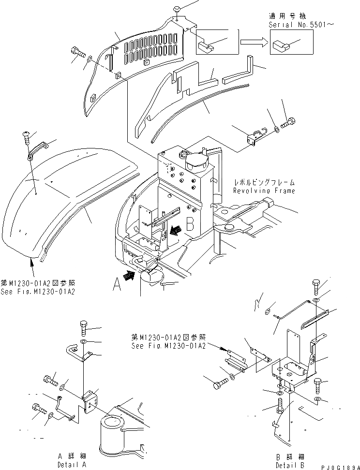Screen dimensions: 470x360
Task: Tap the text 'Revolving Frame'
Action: point(264,191)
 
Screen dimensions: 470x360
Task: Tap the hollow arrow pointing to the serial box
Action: point(253,43)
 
